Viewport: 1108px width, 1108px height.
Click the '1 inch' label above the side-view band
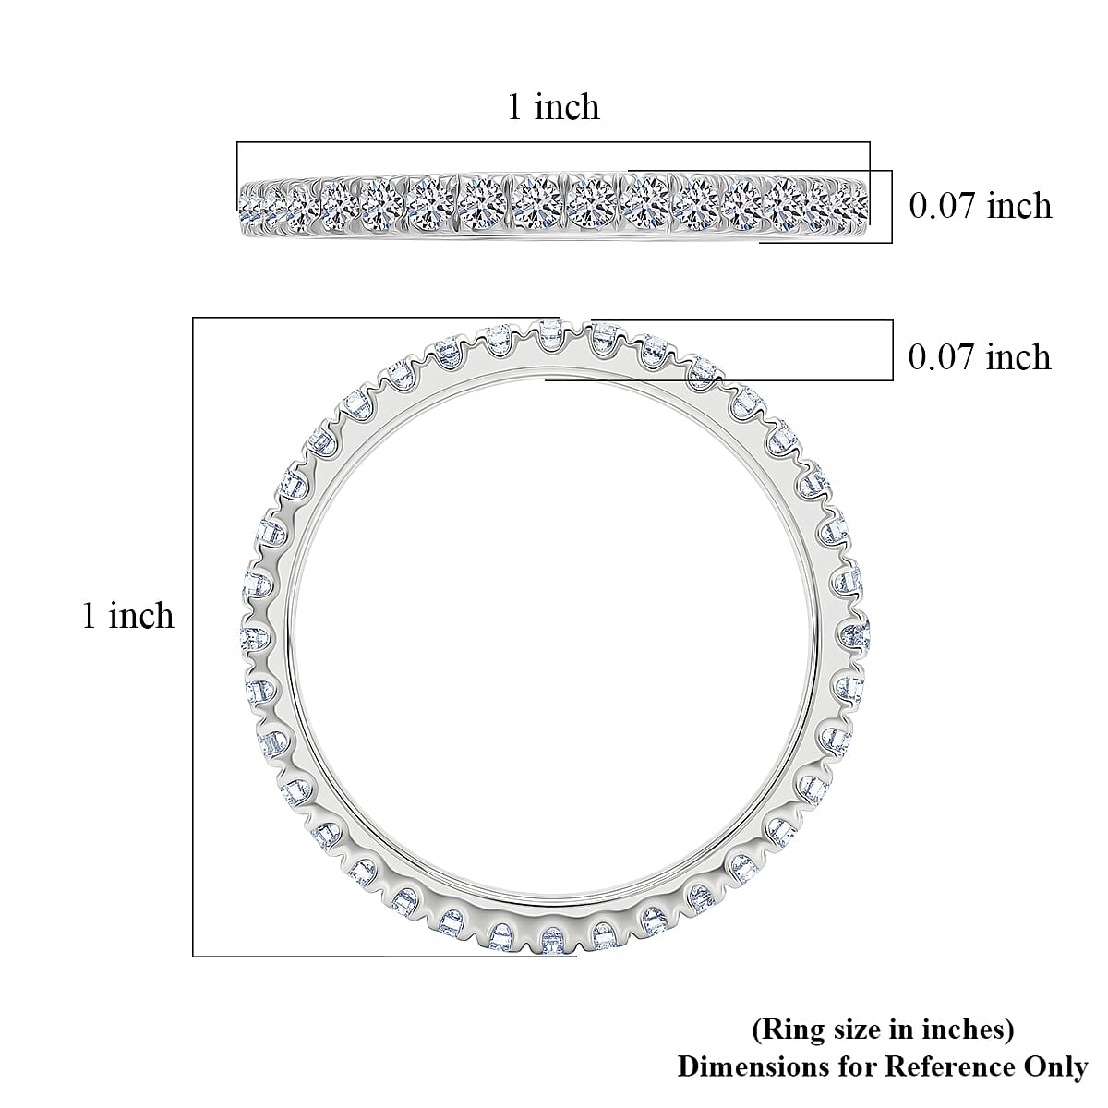[553, 107]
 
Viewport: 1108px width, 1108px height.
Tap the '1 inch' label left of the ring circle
[128, 616]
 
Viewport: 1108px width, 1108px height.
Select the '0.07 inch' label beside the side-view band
[980, 205]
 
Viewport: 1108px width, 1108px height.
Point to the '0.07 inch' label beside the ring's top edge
[980, 356]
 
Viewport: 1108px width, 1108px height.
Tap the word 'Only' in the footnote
[1055, 1066]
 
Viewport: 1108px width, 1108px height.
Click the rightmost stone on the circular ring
[855, 634]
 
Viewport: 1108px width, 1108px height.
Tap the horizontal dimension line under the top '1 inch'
[553, 142]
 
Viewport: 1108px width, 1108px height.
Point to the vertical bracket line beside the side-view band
[892, 206]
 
